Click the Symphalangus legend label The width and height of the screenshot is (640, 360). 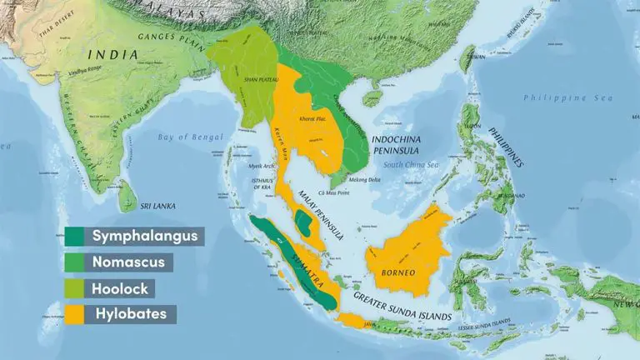pos(145,236)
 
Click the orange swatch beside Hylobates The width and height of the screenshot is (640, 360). pos(77,314)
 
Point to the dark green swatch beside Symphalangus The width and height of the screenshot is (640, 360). pos(77,236)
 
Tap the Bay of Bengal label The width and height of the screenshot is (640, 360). pos(191,137)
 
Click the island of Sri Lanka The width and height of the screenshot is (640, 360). pos(127,198)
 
